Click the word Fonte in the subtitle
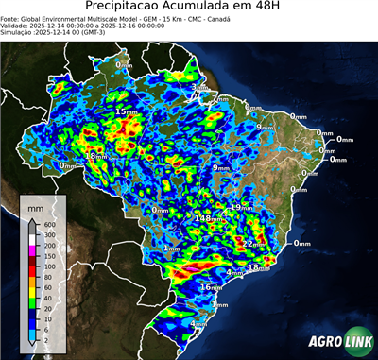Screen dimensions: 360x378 12,17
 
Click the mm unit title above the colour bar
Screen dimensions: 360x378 36,205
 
